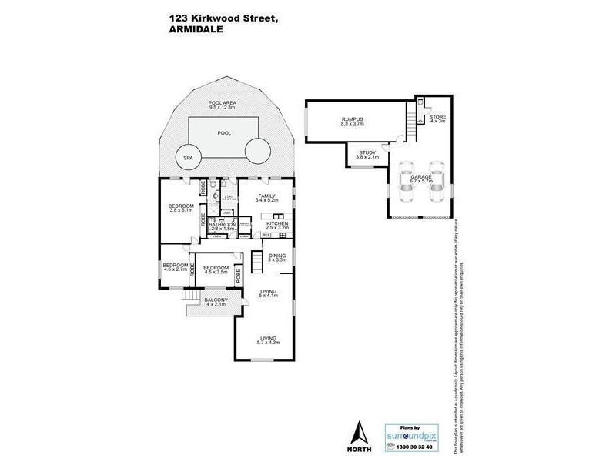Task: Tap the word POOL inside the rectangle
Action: pyautogui.click(x=224, y=132)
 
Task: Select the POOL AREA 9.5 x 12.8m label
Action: pyautogui.click(x=224, y=106)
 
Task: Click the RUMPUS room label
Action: pyautogui.click(x=353, y=122)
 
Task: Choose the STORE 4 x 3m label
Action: pyautogui.click(x=437, y=119)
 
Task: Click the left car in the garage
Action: pyautogui.click(x=407, y=177)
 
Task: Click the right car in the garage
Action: pyautogui.click(x=436, y=177)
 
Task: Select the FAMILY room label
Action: pyautogui.click(x=266, y=199)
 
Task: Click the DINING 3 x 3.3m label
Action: pyautogui.click(x=277, y=257)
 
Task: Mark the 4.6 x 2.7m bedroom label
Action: pyautogui.click(x=175, y=269)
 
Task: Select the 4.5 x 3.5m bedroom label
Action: pyautogui.click(x=216, y=270)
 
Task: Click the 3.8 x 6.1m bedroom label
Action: pyautogui.click(x=180, y=209)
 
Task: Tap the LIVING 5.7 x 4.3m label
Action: pyautogui.click(x=268, y=340)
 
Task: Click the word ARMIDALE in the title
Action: pyautogui.click(x=193, y=30)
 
